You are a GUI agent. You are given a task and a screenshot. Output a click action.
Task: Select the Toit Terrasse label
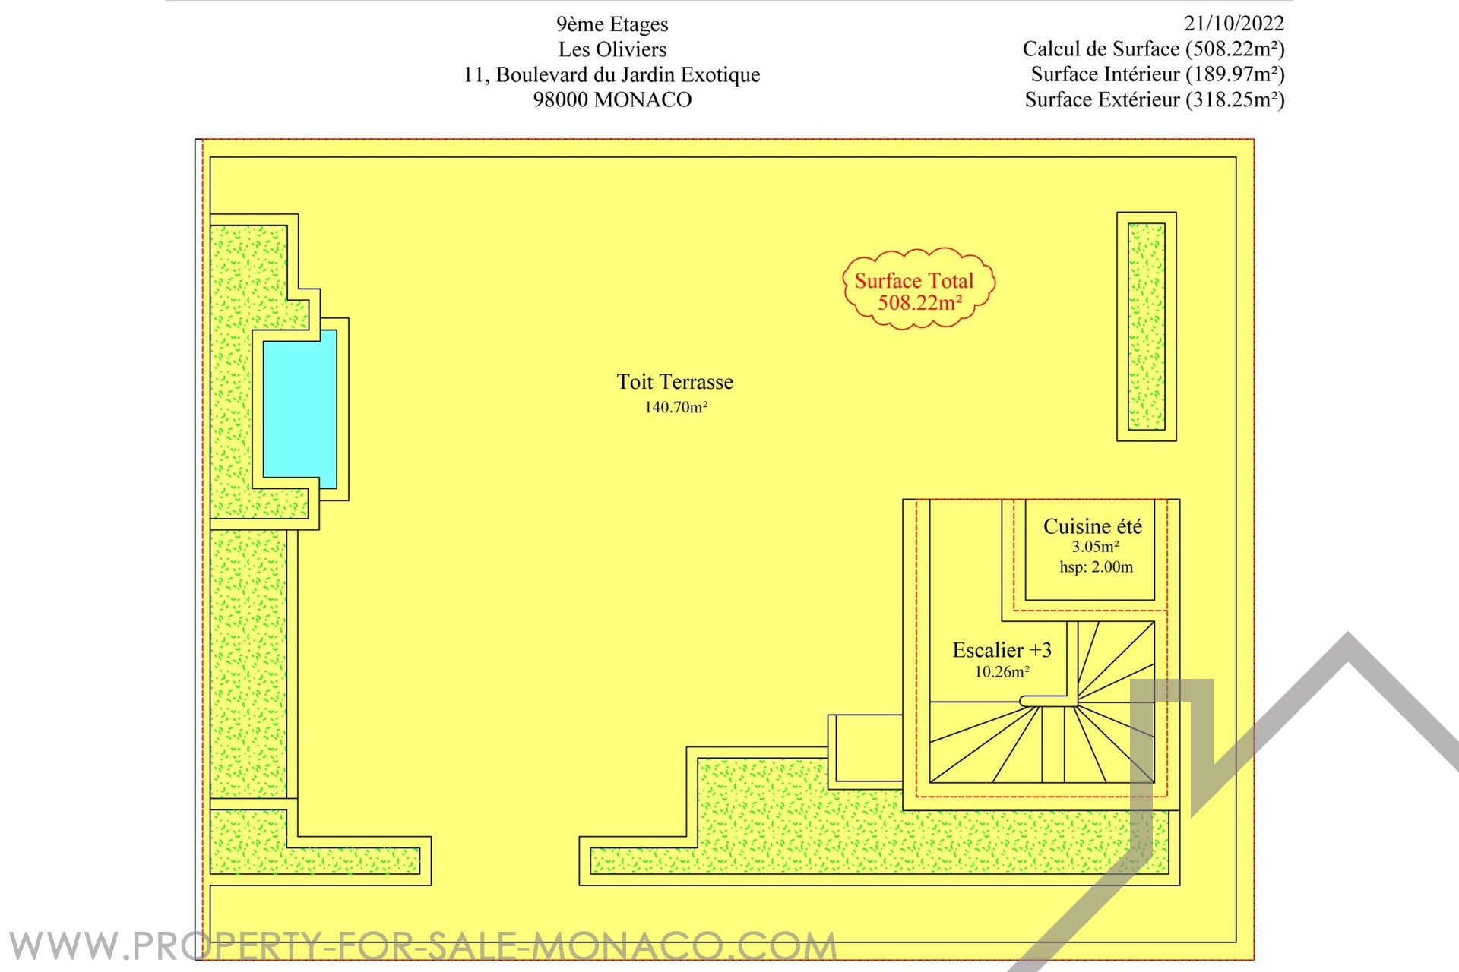(x=675, y=382)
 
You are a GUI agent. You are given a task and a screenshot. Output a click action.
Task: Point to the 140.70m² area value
(x=676, y=407)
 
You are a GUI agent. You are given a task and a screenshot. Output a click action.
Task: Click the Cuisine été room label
(x=1092, y=526)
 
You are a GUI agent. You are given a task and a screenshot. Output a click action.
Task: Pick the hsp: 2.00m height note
(x=1096, y=567)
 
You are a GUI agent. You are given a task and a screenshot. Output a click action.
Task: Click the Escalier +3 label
(x=1002, y=650)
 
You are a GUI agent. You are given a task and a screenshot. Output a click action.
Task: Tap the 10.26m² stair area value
(x=1002, y=672)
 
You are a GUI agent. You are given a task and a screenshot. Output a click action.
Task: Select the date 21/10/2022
(x=1233, y=24)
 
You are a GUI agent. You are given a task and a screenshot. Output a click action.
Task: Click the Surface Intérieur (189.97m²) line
(x=1157, y=74)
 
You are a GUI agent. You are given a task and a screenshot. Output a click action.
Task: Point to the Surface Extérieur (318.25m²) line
(x=1154, y=99)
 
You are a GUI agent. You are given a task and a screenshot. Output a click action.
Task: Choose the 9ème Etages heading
(x=612, y=24)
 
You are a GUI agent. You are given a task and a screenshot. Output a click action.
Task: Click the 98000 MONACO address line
(x=612, y=99)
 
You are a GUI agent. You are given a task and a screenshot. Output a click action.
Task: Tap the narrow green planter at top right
(x=1146, y=327)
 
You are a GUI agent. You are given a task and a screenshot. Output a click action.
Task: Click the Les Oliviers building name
(x=612, y=49)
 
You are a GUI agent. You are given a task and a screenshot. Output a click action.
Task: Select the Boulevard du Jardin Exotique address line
(x=612, y=74)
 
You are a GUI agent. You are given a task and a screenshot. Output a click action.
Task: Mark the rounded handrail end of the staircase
(x=1027, y=702)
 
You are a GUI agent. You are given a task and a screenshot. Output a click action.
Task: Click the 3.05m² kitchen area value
(x=1094, y=547)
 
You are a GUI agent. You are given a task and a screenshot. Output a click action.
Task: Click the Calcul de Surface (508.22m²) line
(x=1153, y=49)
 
